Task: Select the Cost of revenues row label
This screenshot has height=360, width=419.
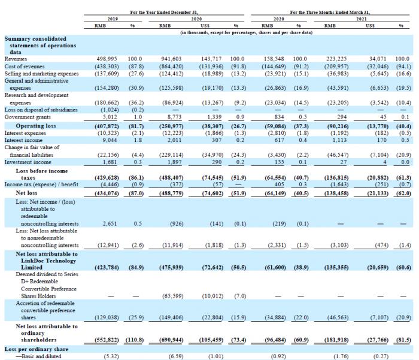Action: tap(25, 66)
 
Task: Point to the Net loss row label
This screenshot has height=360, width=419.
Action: tap(26, 193)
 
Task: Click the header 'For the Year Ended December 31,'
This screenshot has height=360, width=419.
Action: tap(164, 13)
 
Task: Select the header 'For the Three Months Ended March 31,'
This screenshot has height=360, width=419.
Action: tap(330, 13)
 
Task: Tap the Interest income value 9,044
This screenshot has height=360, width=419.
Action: tap(110, 140)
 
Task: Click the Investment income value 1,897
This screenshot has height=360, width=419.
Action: tap(175, 162)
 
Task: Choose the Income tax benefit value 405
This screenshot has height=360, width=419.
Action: tap(280, 184)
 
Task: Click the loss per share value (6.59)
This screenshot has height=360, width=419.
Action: tap(176, 356)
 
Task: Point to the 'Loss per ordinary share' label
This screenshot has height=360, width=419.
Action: tap(37, 349)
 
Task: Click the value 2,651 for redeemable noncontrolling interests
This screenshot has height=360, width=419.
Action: tap(110, 223)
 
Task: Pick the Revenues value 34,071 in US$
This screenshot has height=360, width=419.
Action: tap(378, 59)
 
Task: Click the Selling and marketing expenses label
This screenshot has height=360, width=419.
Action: tap(41, 74)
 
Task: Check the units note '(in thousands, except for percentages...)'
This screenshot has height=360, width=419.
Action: tap(247, 32)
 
